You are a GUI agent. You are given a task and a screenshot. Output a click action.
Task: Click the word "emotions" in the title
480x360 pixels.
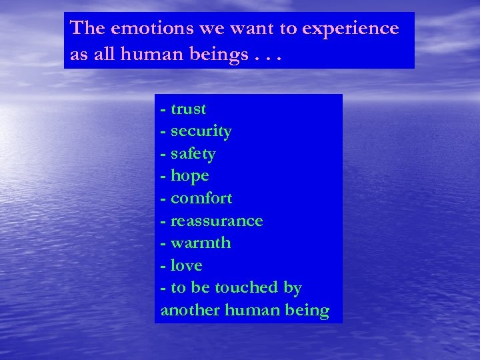144,29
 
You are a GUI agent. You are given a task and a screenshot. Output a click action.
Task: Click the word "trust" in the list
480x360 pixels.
189,109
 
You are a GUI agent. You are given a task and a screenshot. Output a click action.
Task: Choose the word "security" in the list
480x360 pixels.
201,132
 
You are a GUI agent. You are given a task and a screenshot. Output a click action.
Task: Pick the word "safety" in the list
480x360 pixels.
193,155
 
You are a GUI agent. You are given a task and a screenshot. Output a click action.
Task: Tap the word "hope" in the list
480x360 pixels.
190,177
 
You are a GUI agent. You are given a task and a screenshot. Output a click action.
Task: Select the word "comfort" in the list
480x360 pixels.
201,199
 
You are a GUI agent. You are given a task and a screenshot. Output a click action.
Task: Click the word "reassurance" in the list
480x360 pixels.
217,221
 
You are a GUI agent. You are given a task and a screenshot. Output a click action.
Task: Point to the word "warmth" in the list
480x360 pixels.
201,243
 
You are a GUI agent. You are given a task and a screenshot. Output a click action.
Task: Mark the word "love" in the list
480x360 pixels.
186,265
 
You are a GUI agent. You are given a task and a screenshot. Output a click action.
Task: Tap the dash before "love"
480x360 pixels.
163,266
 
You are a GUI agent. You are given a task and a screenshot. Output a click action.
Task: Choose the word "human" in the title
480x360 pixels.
148,54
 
